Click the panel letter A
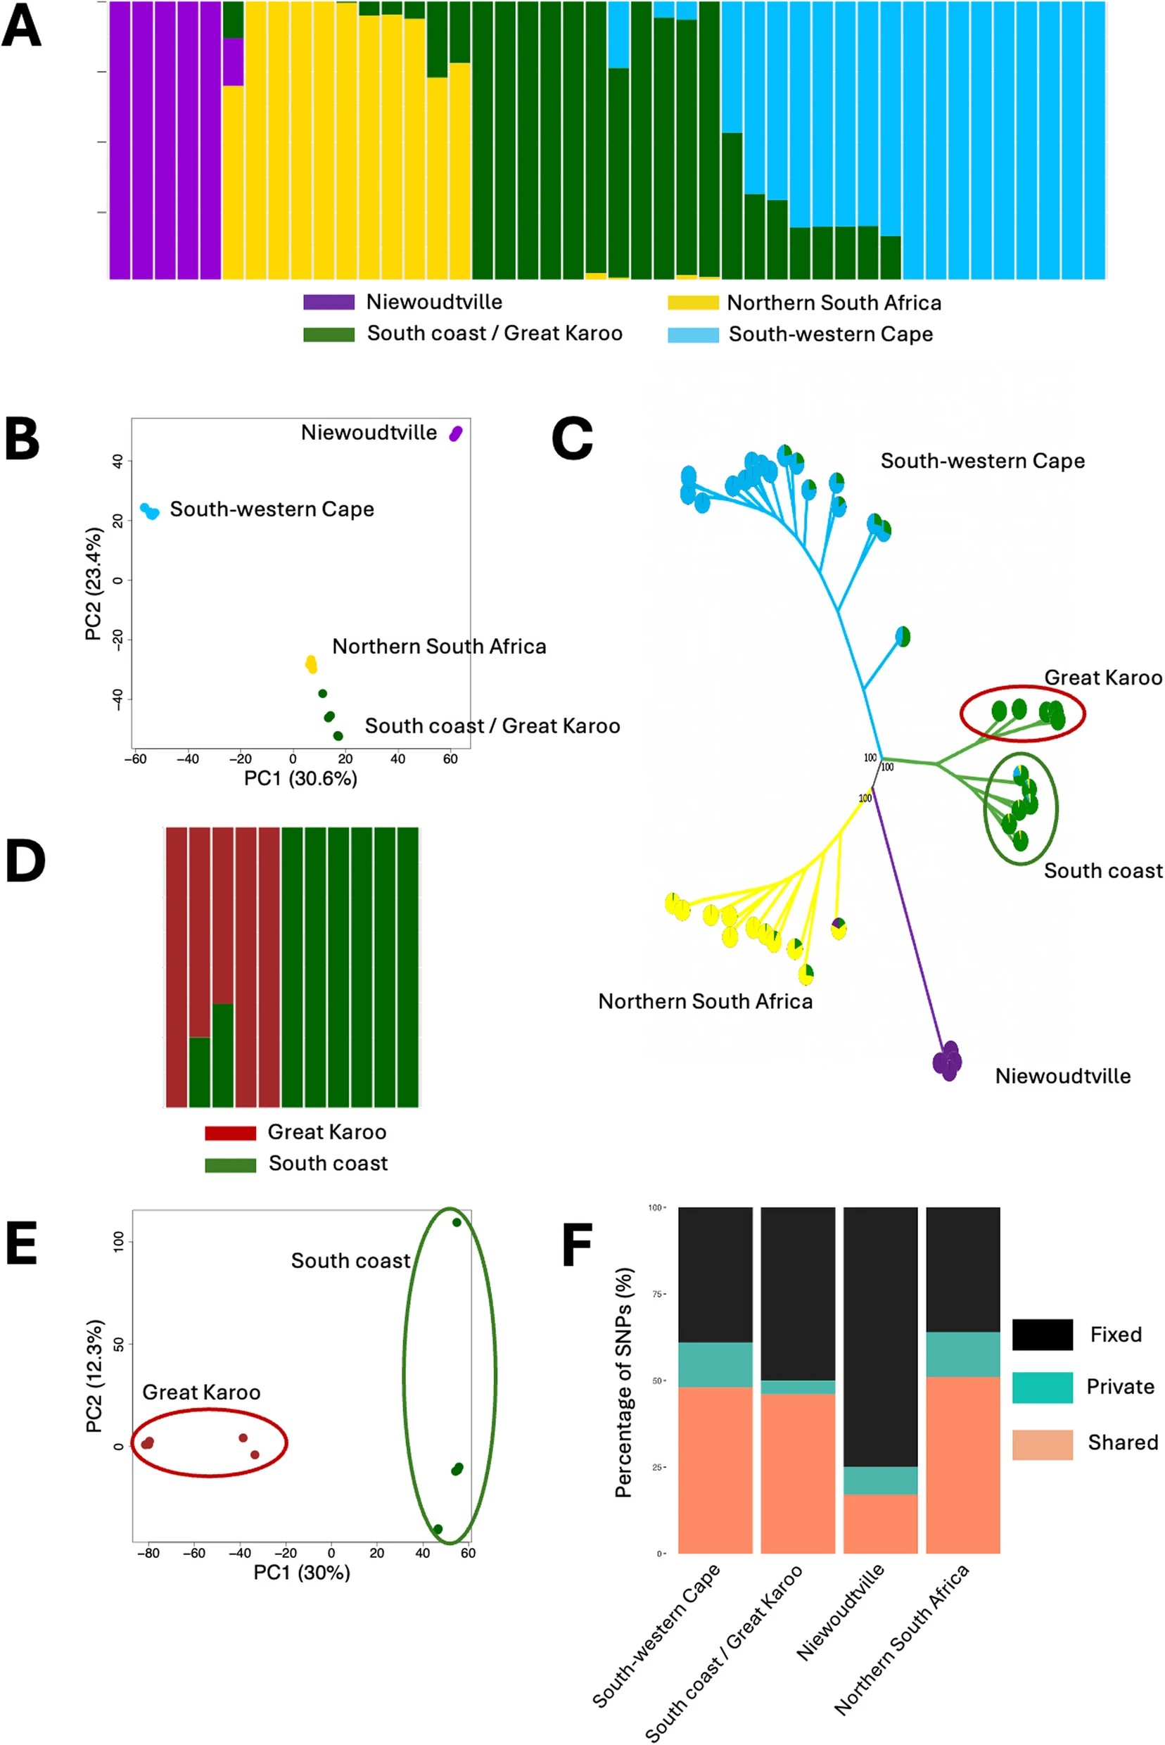click(x=21, y=27)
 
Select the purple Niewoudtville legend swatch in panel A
click(x=329, y=303)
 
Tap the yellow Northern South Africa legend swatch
click(x=692, y=303)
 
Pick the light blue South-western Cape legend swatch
click(x=692, y=334)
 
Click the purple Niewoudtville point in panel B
click(x=455, y=433)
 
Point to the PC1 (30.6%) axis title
click(x=300, y=778)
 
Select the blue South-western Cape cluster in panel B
click(x=150, y=512)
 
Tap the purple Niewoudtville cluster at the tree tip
click(x=948, y=1062)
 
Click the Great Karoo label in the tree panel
click(x=1102, y=678)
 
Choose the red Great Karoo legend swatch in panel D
click(x=230, y=1133)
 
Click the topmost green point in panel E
click(x=457, y=1222)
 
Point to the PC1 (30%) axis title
click(x=302, y=1572)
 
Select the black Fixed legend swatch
click(x=1042, y=1335)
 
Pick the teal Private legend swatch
click(x=1042, y=1388)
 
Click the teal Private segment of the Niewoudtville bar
click(x=881, y=1480)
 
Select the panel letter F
click(x=577, y=1246)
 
